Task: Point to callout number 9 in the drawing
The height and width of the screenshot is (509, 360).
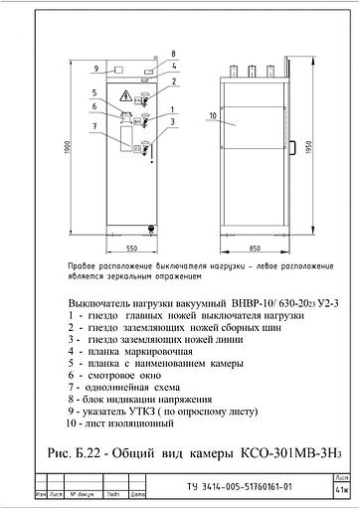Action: tap(96, 70)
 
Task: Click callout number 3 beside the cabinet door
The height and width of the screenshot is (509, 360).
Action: tap(173, 121)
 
